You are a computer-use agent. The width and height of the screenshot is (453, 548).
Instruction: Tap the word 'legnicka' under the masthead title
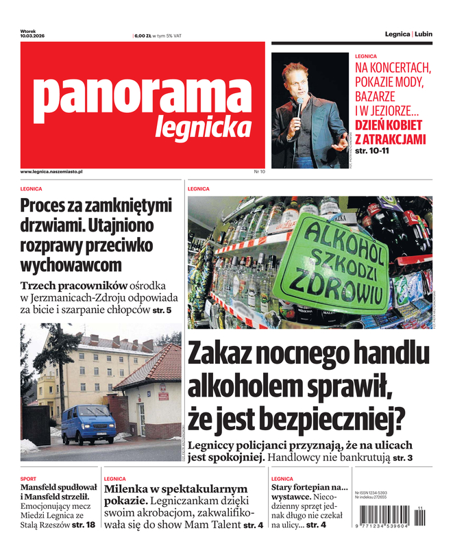(x=203, y=127)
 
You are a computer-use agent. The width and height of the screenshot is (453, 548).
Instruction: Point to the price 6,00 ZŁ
(x=143, y=36)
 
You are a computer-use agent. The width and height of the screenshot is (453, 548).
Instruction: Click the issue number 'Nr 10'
(x=259, y=171)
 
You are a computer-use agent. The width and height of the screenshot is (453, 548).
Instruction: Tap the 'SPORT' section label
(x=28, y=479)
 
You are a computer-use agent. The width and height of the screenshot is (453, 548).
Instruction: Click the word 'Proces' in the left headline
(x=44, y=205)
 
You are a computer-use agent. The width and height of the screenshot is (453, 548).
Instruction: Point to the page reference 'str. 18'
(x=84, y=525)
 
